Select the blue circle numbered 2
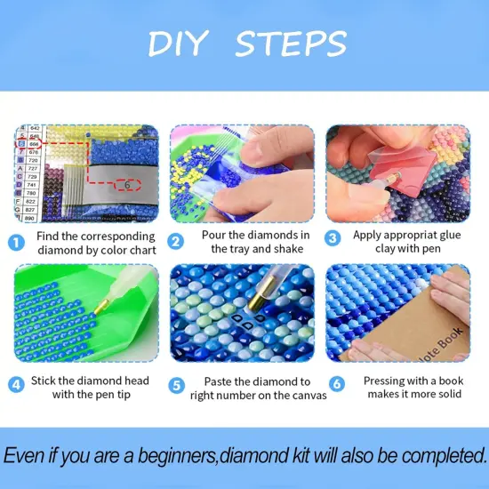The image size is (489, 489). tap(177, 242)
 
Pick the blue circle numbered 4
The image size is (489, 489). tap(17, 387)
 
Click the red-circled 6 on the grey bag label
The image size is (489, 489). tap(128, 186)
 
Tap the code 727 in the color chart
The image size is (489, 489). tap(33, 167)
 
